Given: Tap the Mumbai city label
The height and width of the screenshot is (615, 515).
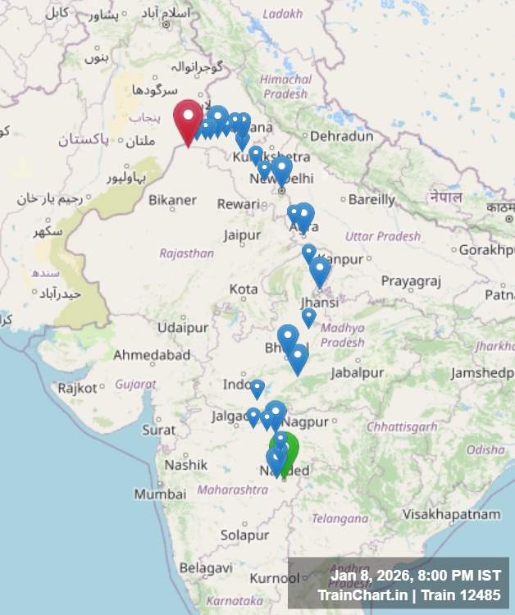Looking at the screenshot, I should coord(160,494).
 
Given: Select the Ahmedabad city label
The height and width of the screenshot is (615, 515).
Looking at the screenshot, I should coord(152,355).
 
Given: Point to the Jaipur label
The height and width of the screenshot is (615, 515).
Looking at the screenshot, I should coord(242,235).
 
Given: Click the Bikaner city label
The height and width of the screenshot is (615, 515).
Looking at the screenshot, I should coord(172,199).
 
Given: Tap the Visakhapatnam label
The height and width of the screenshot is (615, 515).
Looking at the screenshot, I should coord(451,514).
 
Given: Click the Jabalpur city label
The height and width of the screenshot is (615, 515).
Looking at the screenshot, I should coord(357,372).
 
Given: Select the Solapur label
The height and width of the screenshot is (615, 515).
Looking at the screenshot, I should coord(245,535).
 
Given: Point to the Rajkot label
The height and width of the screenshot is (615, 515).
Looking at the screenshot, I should coord(76,387).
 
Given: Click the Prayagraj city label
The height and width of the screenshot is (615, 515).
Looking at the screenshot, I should coord(411,281).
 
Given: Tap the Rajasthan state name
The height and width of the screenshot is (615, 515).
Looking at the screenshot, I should coord(186,253).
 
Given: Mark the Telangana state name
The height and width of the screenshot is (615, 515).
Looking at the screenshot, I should coord(340,518).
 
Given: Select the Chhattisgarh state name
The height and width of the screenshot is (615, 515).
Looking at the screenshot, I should coord(402,426).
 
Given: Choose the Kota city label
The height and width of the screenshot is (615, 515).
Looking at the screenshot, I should coord(244,289).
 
